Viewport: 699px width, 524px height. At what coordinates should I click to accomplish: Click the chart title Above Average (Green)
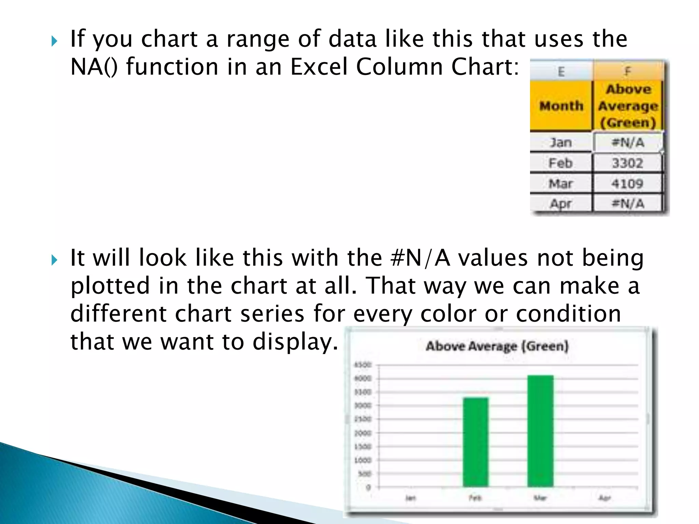(497, 346)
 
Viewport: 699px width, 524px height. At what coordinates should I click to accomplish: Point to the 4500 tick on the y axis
(362, 365)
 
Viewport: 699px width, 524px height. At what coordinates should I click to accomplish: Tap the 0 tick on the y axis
(368, 487)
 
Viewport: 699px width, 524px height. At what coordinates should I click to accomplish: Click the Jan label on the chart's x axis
(411, 498)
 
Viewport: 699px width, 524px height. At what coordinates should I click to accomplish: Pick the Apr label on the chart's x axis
(604, 498)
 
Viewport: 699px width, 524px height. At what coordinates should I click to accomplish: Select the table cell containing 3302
(627, 163)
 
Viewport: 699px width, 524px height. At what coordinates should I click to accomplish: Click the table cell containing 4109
(627, 184)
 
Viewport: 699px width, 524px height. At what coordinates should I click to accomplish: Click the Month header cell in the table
(561, 106)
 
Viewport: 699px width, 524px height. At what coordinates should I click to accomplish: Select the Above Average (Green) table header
(628, 106)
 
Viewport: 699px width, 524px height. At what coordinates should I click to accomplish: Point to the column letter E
(561, 71)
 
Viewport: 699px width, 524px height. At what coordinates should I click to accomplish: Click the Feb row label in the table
(560, 163)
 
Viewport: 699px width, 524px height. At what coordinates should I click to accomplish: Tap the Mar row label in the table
(560, 184)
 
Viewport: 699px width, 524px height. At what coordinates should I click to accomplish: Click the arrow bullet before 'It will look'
(54, 260)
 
